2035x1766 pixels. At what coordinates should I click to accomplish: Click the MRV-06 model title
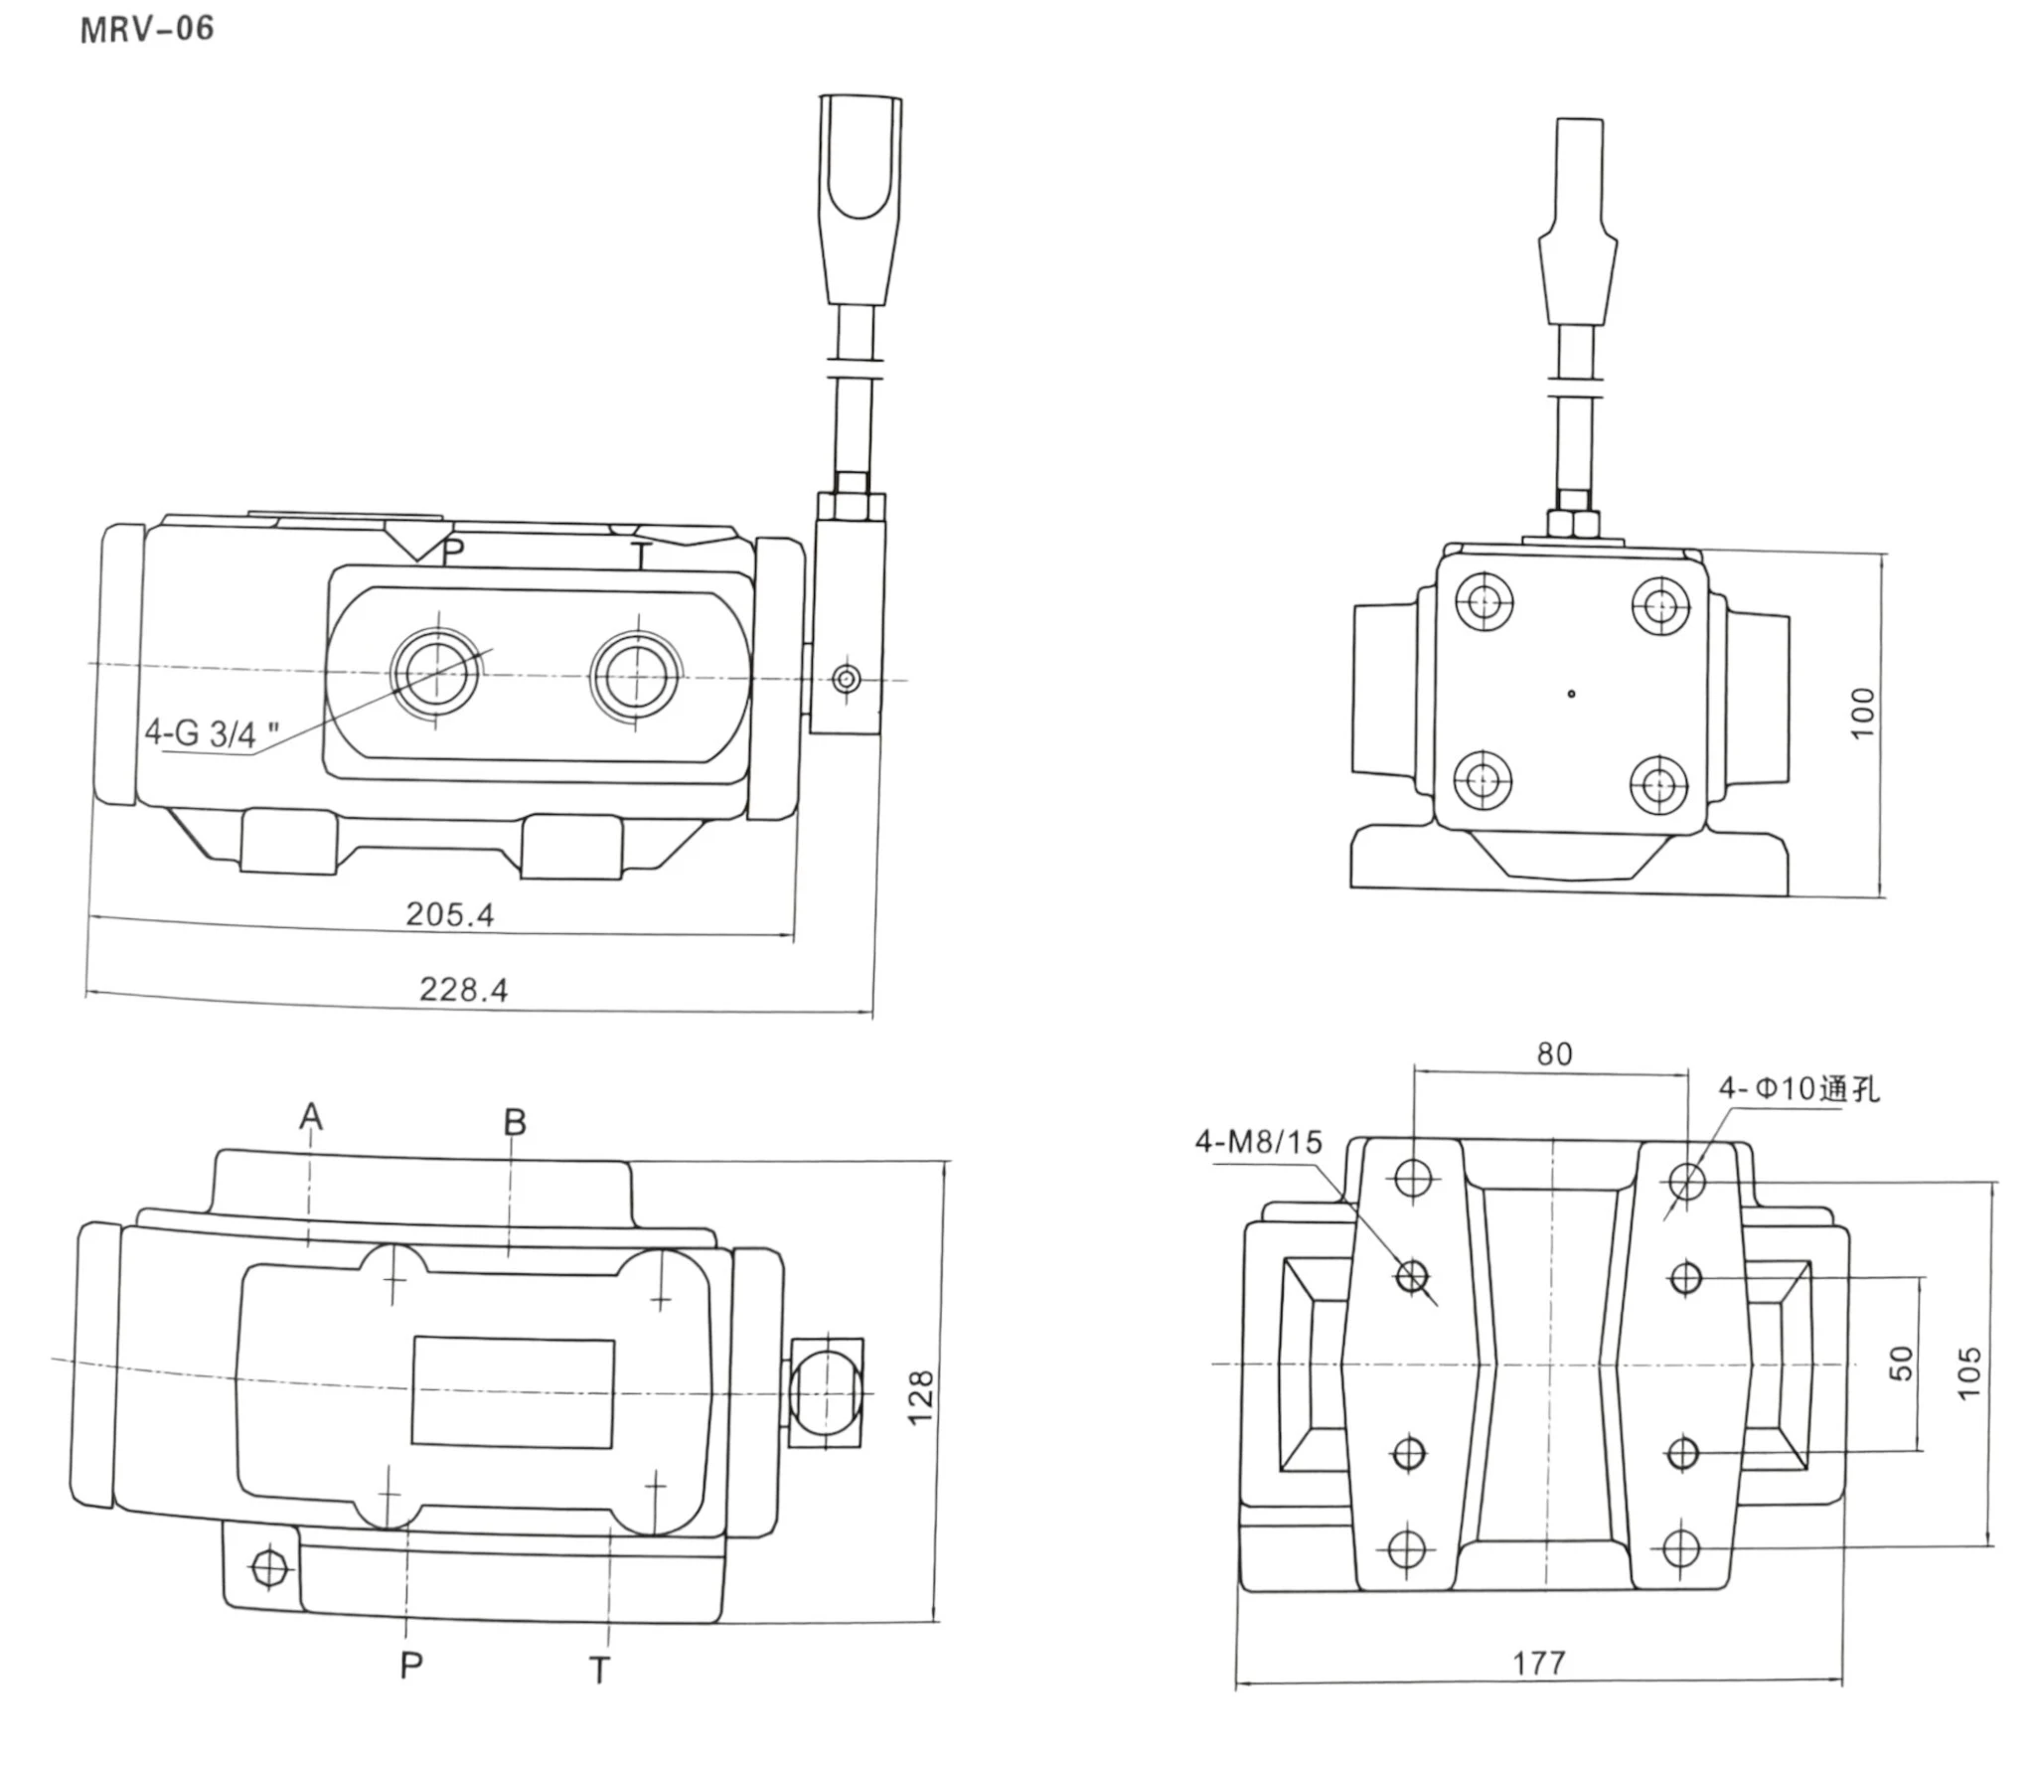(x=146, y=29)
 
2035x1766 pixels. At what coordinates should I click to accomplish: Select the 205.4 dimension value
(x=449, y=914)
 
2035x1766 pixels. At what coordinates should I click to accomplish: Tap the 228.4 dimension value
(x=463, y=990)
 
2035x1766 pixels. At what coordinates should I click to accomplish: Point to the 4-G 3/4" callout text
(x=212, y=734)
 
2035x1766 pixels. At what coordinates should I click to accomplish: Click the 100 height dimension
(x=1863, y=712)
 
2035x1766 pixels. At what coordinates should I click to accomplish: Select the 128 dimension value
(x=921, y=1396)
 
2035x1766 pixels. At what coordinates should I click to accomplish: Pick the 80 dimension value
(x=1554, y=1054)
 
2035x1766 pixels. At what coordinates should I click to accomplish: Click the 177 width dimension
(x=1538, y=1663)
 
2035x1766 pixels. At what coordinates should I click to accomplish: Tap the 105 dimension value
(x=1968, y=1372)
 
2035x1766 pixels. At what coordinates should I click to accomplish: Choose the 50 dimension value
(x=1900, y=1363)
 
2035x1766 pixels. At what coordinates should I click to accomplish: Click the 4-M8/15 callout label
(x=1258, y=1142)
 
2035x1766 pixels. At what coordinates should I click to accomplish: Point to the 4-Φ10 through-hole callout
(x=1799, y=1089)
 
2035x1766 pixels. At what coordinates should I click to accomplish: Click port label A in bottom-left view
(x=311, y=1117)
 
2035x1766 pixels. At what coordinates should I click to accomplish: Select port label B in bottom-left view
(x=514, y=1123)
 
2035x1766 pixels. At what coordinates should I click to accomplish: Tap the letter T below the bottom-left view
(x=599, y=1671)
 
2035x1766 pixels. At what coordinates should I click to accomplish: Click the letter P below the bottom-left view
(x=410, y=1666)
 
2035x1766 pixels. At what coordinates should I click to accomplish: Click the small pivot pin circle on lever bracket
(x=846, y=680)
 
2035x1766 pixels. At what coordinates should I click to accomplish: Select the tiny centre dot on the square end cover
(x=1571, y=694)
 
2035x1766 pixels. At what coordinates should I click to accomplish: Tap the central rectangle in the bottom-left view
(x=513, y=1392)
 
